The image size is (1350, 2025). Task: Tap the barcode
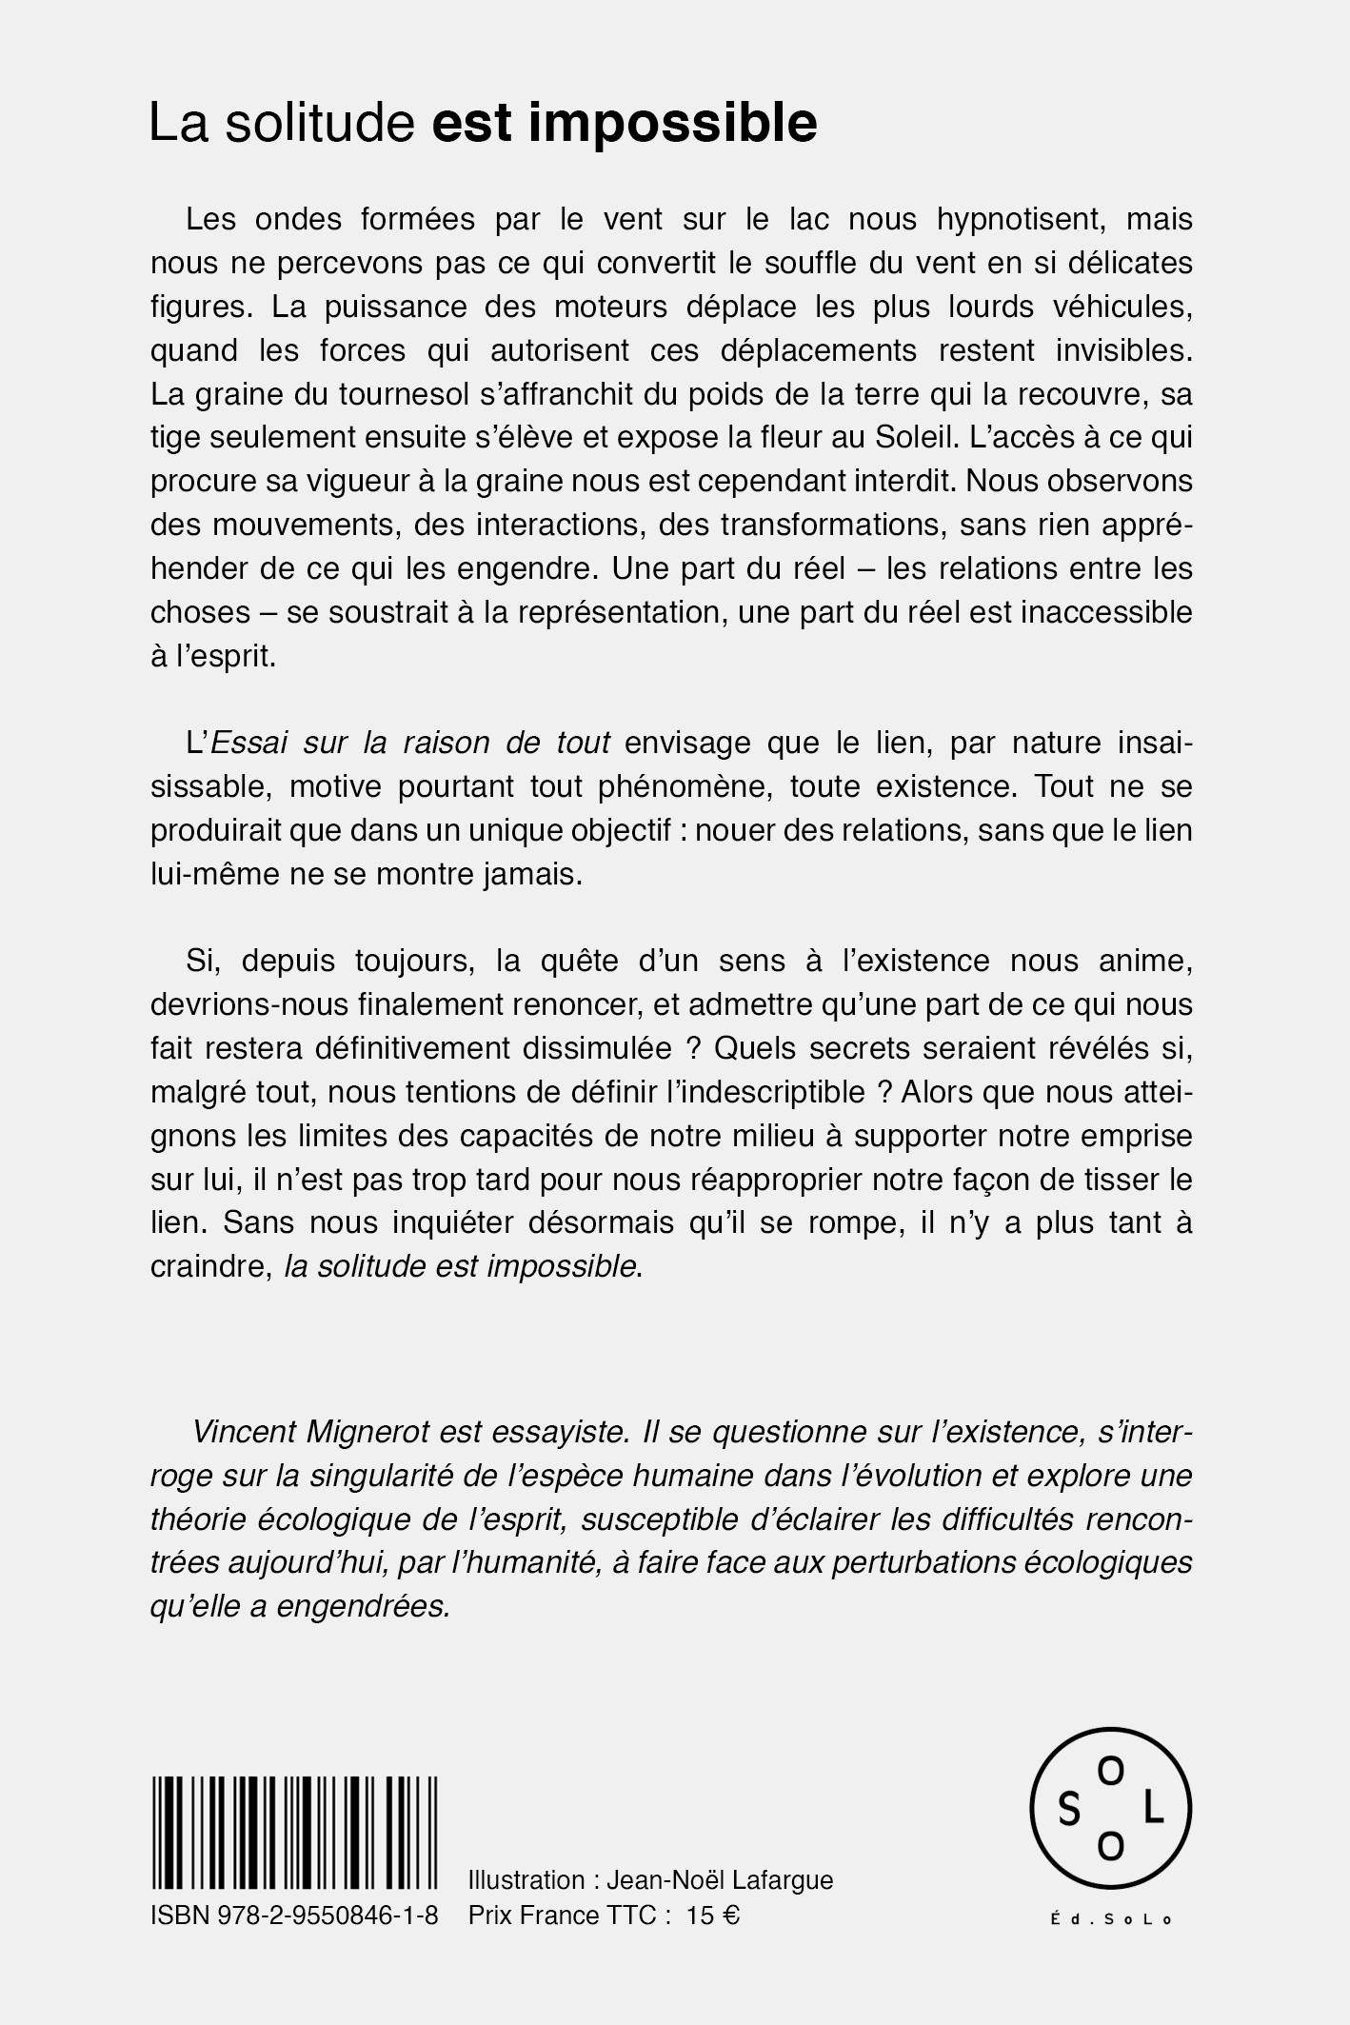[x=294, y=1832]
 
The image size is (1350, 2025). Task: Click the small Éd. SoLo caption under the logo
[x=1111, y=1919]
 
